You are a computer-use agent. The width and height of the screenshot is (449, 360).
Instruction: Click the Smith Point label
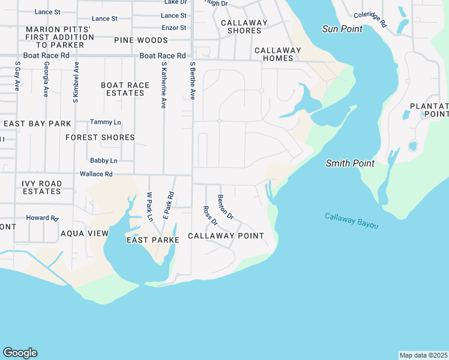click(350, 163)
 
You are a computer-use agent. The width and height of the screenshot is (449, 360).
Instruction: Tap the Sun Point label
click(342, 29)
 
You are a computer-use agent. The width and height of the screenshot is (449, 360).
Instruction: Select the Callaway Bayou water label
click(352, 220)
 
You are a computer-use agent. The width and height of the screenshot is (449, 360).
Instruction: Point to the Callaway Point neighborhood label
click(226, 236)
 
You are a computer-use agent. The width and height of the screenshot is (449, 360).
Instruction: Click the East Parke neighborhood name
click(152, 240)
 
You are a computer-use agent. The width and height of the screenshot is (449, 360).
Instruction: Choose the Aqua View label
click(85, 233)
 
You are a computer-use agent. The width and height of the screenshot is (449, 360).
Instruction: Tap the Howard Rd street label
click(42, 218)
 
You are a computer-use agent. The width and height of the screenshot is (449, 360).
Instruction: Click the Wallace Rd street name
click(96, 174)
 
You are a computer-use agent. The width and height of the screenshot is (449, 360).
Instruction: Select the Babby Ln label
click(103, 161)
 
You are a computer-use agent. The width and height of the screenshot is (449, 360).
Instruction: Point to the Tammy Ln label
click(105, 122)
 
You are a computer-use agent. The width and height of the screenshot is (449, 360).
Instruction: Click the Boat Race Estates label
click(125, 89)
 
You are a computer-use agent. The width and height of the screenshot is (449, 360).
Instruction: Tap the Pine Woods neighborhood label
click(141, 40)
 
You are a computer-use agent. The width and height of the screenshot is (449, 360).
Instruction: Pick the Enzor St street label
click(174, 28)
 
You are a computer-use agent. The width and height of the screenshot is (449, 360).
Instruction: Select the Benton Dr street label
click(225, 207)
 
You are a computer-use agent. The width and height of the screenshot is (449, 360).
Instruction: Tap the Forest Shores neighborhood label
click(100, 137)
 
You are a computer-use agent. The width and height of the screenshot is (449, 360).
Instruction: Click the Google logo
click(20, 353)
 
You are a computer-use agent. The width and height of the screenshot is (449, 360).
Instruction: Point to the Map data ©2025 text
click(423, 355)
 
